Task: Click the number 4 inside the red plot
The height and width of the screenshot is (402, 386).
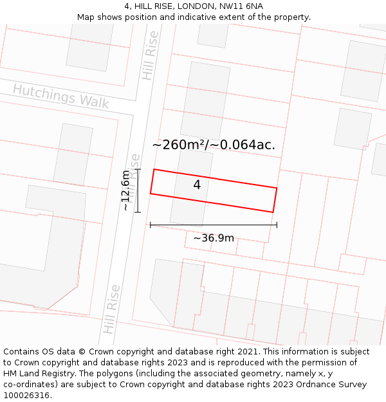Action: click(x=197, y=185)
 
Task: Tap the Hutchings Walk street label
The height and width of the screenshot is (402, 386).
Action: click(x=61, y=96)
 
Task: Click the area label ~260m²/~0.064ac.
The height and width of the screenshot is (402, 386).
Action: click(x=214, y=145)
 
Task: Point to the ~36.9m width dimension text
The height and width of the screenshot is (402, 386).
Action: click(x=214, y=238)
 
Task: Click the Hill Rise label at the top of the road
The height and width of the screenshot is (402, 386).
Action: click(x=151, y=55)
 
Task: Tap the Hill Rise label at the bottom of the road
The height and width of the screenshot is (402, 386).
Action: click(x=111, y=309)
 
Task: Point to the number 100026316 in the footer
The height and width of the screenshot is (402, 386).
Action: click(x=26, y=396)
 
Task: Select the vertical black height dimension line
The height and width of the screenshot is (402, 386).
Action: click(x=138, y=190)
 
